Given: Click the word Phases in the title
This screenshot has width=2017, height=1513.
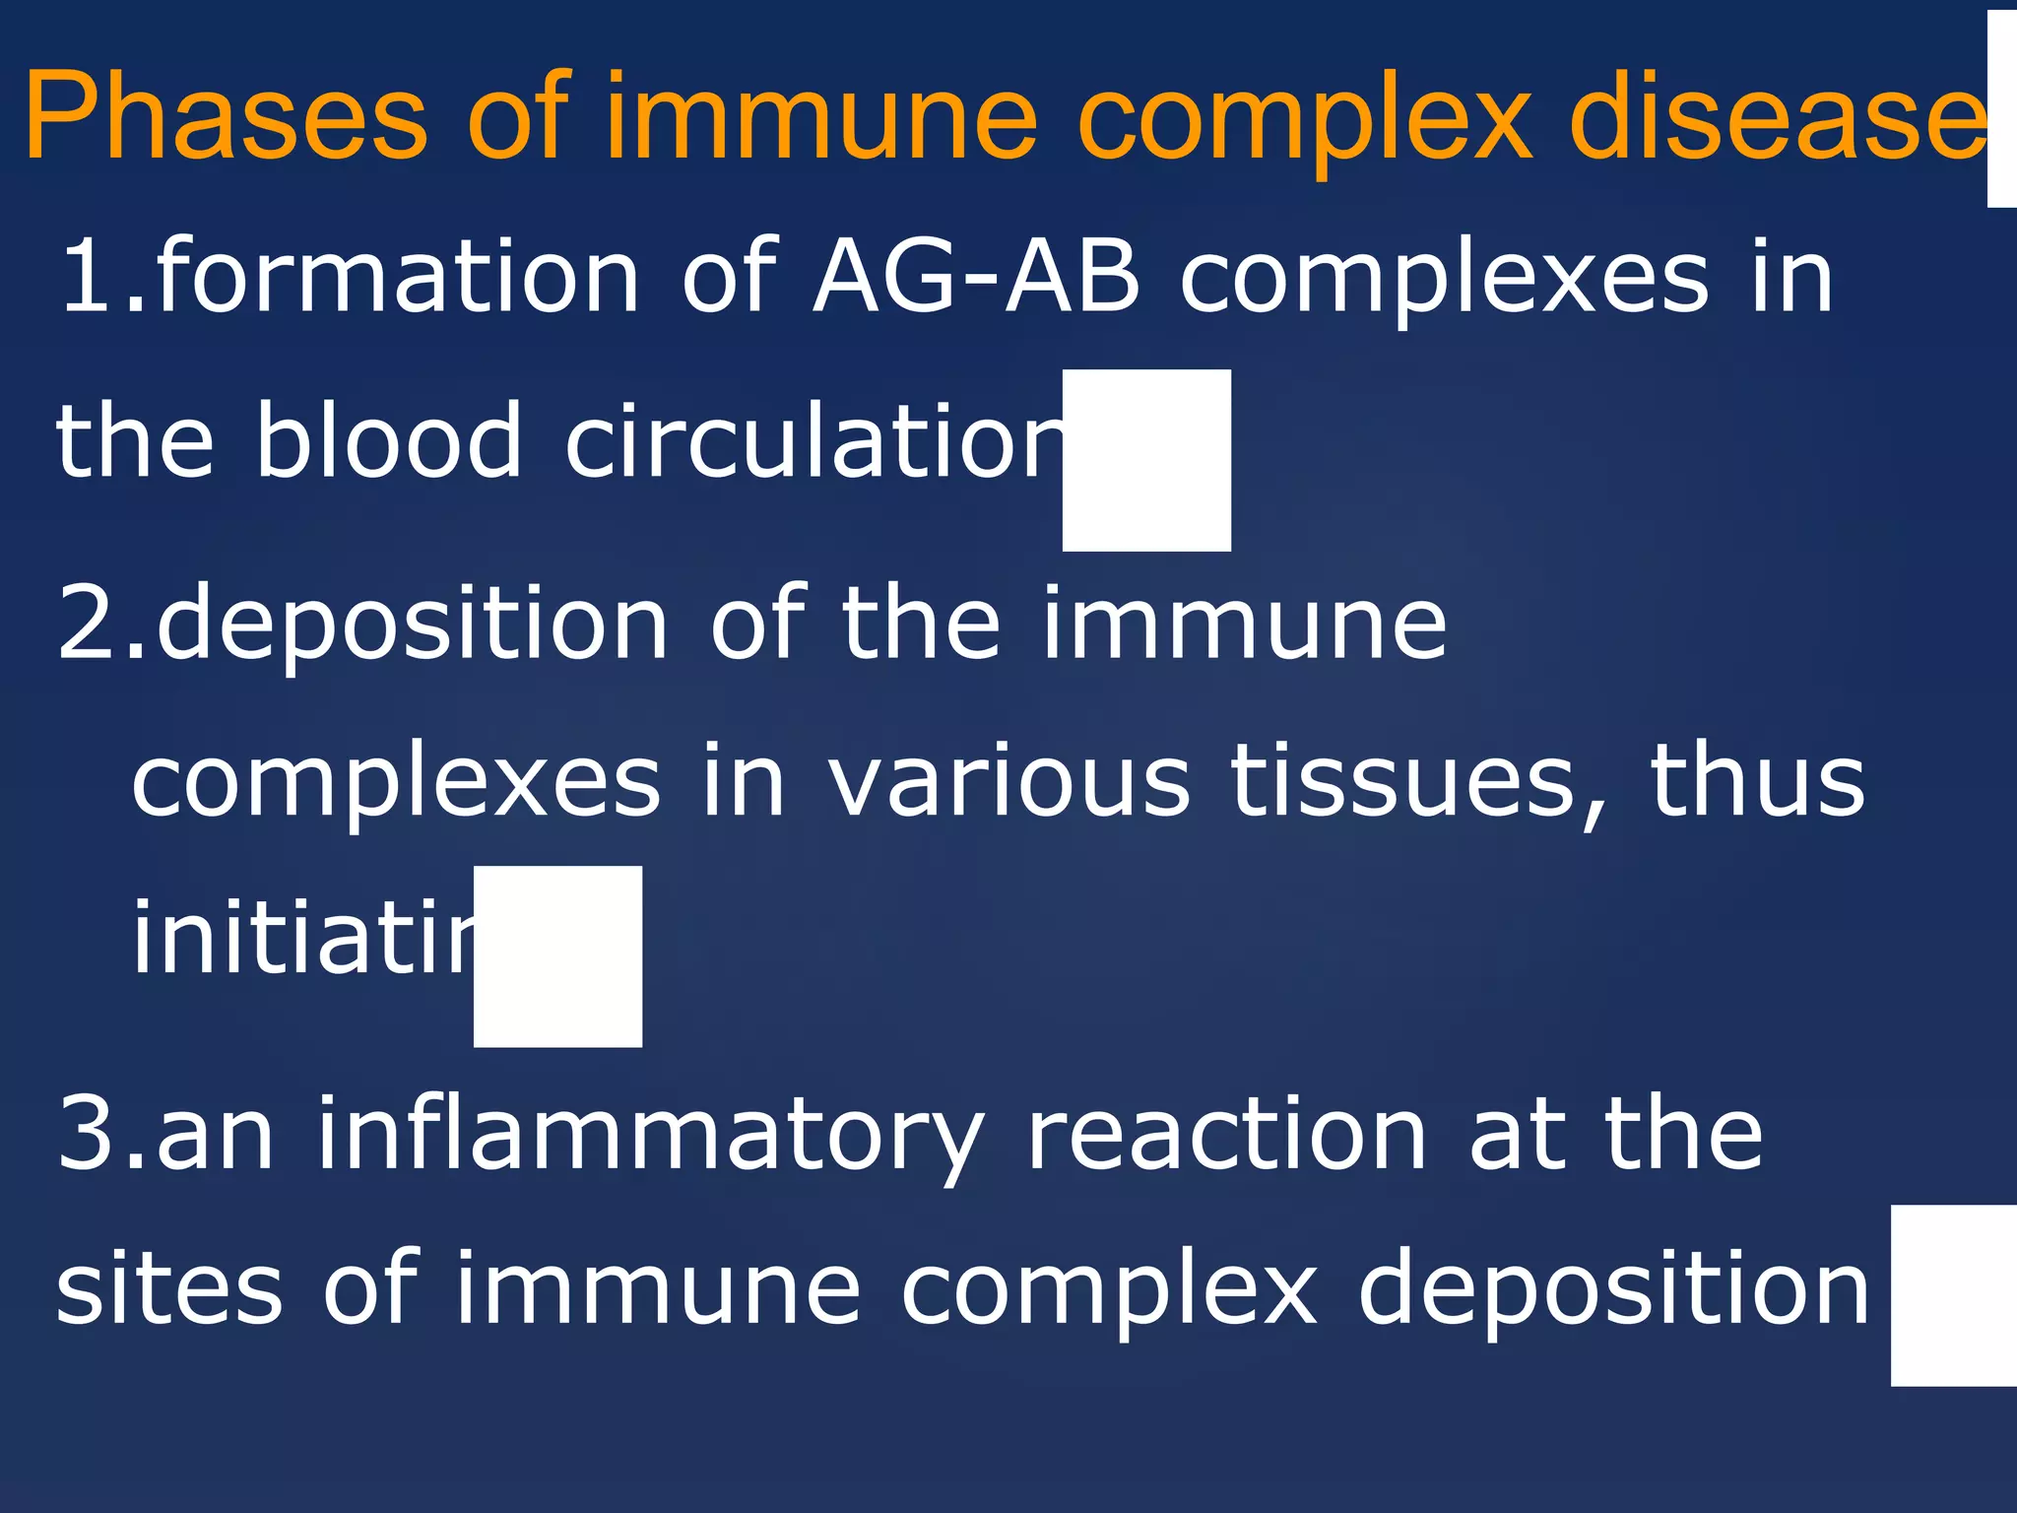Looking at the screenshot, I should point(226,116).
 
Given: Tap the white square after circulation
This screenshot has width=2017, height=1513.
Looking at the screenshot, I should point(1146,460).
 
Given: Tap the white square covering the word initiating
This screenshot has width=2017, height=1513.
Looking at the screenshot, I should point(557,956).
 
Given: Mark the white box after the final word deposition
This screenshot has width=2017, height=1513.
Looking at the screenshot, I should point(1954,1295).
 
